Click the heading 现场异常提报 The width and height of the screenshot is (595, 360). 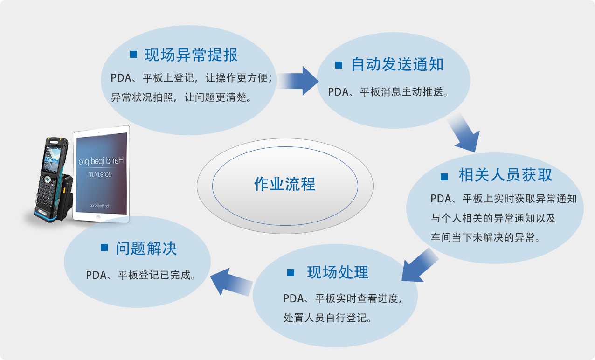191,55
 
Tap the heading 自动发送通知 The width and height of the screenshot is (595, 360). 397,64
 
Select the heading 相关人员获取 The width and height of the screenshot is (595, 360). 505,175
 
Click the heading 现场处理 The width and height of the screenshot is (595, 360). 338,272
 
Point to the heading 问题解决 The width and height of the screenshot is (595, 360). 146,248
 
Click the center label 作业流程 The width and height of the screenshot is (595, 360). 284,184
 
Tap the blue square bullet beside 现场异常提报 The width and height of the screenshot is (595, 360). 134,55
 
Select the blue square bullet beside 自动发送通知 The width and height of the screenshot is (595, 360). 339,65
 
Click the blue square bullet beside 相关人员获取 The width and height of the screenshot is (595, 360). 444,176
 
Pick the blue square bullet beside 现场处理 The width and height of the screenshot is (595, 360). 291,273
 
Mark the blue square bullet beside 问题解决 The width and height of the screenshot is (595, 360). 104,248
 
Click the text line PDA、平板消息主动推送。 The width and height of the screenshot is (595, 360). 388,92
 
